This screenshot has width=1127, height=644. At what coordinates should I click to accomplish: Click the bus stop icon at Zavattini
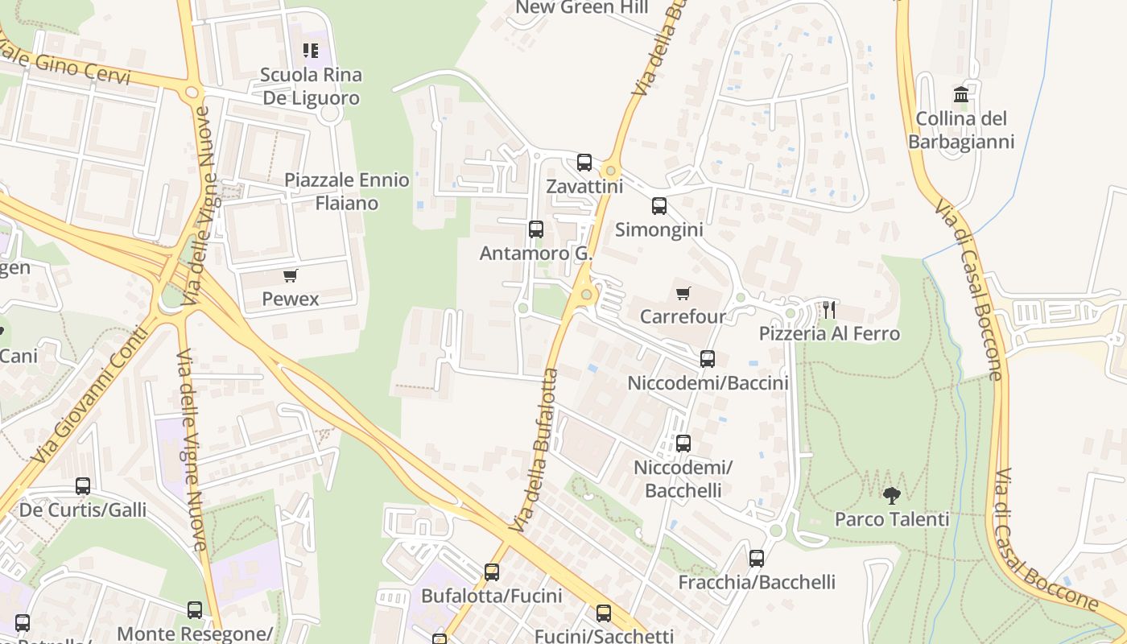[x=584, y=163]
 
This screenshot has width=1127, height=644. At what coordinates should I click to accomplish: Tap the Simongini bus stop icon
[x=659, y=206]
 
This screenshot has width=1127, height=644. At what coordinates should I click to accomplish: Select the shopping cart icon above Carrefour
[x=683, y=293]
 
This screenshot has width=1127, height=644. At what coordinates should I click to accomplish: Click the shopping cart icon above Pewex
[x=291, y=276]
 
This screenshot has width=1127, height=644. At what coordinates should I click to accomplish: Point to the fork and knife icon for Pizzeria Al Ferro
[x=829, y=309]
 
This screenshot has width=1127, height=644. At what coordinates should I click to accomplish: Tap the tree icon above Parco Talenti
[x=891, y=495]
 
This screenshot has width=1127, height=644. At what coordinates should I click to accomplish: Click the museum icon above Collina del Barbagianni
[x=961, y=95]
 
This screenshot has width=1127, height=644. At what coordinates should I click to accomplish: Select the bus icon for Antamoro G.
[x=536, y=229]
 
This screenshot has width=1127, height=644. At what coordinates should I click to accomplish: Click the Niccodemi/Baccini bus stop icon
[x=708, y=359]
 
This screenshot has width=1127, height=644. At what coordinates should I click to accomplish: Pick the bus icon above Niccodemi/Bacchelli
[x=683, y=444]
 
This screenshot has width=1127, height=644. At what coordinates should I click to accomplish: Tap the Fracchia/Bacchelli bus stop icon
[x=757, y=559]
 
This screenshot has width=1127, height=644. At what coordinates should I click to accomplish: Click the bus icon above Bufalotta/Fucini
[x=492, y=572]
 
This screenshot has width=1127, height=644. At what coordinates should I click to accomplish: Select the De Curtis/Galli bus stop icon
[x=83, y=486]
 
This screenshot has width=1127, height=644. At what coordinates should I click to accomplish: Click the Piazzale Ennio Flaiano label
[x=347, y=192]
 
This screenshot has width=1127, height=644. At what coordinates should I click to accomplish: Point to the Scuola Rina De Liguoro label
[x=311, y=86]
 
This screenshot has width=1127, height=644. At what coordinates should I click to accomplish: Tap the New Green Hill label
[x=581, y=8]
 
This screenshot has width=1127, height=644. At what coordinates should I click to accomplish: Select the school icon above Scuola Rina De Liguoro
[x=311, y=51]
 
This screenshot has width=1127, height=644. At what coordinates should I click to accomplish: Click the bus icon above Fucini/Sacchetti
[x=604, y=613]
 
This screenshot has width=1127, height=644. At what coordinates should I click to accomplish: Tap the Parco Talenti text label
[x=892, y=519]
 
